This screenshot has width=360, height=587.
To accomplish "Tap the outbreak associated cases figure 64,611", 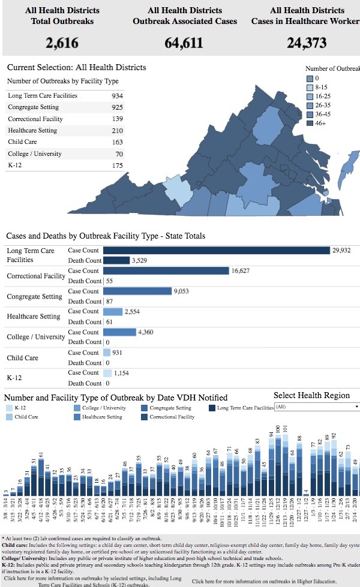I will (184, 43).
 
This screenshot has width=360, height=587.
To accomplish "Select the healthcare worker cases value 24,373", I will (307, 43).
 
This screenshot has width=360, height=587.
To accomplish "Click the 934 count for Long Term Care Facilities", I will (117, 96).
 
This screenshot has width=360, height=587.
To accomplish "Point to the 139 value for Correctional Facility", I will (117, 119).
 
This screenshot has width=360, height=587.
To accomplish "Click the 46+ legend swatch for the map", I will (310, 124).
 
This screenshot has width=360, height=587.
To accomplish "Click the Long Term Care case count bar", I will (216, 250).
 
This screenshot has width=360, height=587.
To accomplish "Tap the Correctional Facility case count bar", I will (166, 271).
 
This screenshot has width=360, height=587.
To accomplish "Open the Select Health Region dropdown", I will (316, 407).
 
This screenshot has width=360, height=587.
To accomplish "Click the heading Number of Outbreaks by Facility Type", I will (63, 81).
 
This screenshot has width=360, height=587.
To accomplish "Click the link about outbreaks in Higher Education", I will (260, 581).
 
